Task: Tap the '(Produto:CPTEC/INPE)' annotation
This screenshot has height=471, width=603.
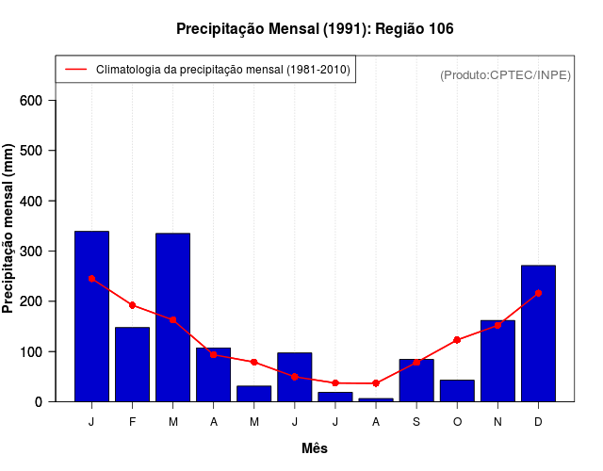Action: tap(505, 75)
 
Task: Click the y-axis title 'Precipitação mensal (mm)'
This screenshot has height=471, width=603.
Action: tap(9, 229)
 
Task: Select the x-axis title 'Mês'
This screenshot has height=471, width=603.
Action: tap(315, 448)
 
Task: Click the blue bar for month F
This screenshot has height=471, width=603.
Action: tap(132, 365)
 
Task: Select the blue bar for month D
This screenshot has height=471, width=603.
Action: tap(538, 333)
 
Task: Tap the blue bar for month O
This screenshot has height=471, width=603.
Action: tap(457, 391)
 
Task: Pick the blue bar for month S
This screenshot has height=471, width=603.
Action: tap(416, 381)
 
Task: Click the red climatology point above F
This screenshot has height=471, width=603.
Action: tap(132, 305)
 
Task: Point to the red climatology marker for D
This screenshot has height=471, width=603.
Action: tap(538, 293)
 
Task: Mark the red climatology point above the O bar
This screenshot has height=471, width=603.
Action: tap(457, 340)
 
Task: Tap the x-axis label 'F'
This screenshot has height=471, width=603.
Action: tap(132, 422)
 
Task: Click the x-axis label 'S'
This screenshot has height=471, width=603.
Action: tap(416, 422)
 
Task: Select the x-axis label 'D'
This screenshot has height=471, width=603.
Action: tap(538, 422)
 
